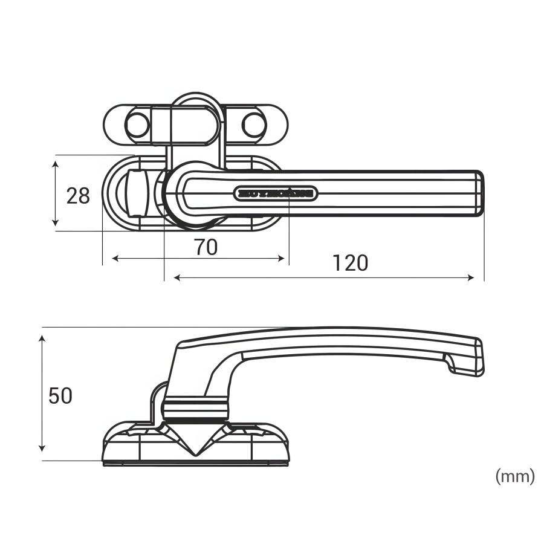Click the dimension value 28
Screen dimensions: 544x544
click(78, 195)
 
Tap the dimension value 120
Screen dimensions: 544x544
click(350, 263)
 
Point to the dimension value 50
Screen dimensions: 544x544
click(60, 396)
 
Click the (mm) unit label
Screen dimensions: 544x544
click(515, 476)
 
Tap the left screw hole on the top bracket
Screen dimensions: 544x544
click(137, 125)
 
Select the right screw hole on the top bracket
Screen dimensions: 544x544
click(254, 125)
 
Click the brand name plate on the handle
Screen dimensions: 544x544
click(275, 193)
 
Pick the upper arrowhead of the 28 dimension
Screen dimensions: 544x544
click(56, 164)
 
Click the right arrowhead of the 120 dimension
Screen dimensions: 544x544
click(471, 277)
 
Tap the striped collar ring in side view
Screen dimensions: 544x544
click(195, 406)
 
